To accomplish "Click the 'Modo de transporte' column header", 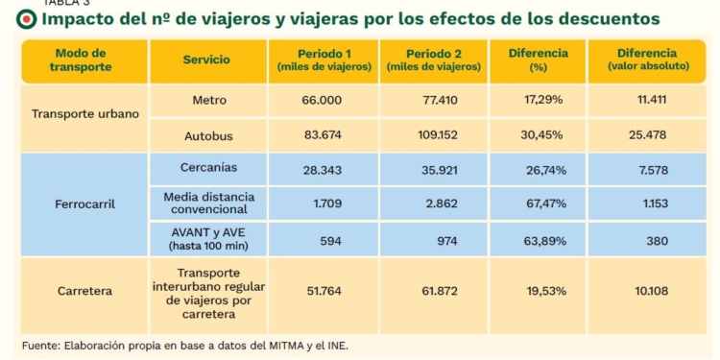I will click(81, 60).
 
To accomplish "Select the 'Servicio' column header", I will click(206, 60).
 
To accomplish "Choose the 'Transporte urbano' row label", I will click(85, 113).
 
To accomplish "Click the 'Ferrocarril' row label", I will click(85, 204).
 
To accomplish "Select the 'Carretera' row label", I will click(85, 291).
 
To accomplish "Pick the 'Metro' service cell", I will click(207, 100).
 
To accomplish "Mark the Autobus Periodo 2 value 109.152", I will click(433, 135).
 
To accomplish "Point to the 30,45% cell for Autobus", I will click(541, 135).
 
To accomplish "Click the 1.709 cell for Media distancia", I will click(327, 204).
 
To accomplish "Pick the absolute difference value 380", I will click(657, 241).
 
